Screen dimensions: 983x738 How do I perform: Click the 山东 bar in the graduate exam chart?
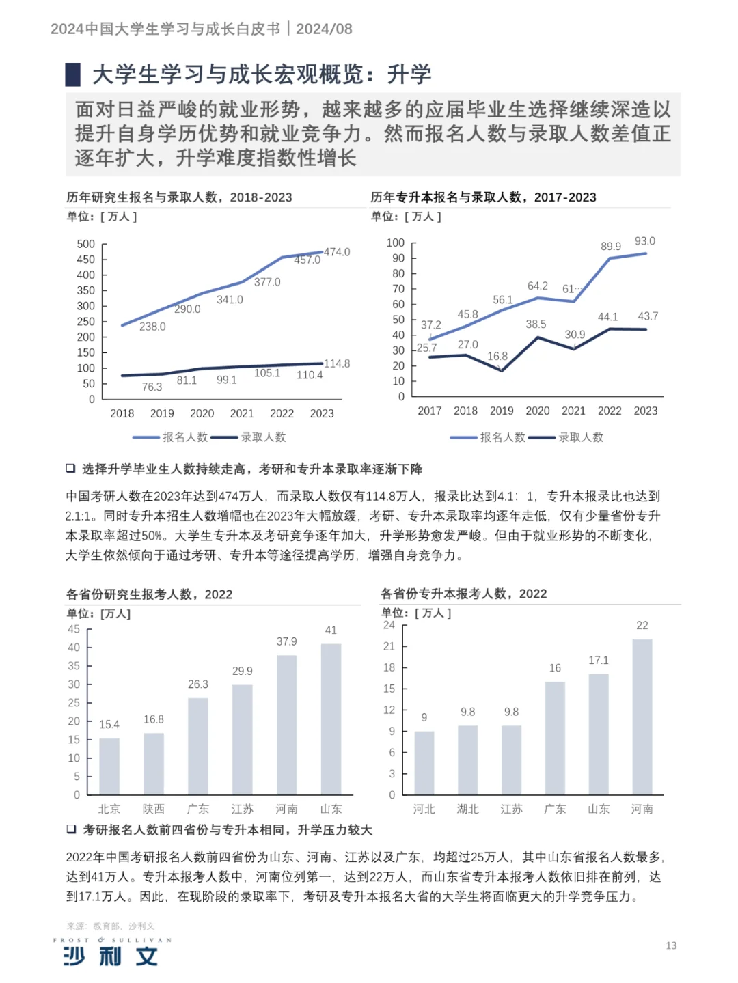(331, 719)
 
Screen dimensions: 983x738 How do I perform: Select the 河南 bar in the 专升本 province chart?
(642, 717)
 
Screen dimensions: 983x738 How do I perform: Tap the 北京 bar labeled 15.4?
(109, 766)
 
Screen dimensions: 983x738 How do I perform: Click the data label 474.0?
(336, 252)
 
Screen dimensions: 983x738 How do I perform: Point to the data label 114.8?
(336, 363)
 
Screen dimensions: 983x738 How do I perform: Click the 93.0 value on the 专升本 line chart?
(644, 241)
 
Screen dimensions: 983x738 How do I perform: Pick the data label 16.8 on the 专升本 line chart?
(497, 356)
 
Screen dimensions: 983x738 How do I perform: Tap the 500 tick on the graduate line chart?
(86, 244)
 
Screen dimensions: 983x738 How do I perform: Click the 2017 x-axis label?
(429, 411)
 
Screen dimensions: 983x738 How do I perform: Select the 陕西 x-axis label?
(153, 809)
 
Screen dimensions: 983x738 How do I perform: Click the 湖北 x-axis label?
(467, 809)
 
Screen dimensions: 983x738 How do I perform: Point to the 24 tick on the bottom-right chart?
(389, 625)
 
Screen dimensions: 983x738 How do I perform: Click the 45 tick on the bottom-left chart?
(74, 629)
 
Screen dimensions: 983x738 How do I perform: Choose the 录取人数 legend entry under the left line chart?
(249, 437)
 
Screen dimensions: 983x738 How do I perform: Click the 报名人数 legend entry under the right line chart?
(488, 437)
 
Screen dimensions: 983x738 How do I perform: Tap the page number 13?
(671, 945)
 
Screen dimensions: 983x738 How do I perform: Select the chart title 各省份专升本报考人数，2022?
(463, 594)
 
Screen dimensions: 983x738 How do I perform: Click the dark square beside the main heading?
(73, 74)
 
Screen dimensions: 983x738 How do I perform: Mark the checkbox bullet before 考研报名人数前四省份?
(70, 829)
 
